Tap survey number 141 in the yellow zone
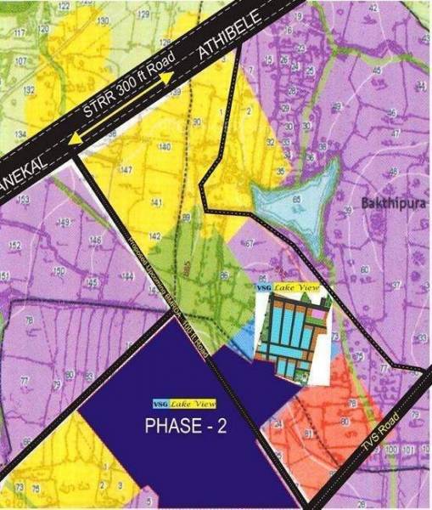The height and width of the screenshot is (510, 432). pyautogui.click(x=155, y=202)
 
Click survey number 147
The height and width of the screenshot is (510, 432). pyautogui.click(x=126, y=171)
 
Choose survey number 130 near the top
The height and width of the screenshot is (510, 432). pyautogui.click(x=104, y=20)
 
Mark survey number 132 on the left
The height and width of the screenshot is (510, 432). pyautogui.click(x=31, y=89)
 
